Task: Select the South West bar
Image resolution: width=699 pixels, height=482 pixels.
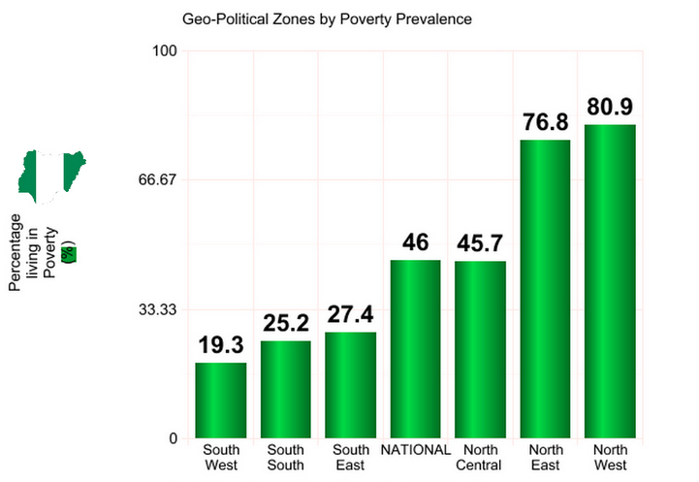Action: [221, 400]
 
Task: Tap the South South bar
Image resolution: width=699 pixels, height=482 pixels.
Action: [285, 389]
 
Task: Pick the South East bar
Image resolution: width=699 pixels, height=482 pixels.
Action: [350, 385]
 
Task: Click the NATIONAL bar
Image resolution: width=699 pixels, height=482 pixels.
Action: [415, 349]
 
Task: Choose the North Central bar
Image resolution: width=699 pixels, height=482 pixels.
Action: [480, 349]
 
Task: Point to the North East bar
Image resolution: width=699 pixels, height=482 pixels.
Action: [545, 289]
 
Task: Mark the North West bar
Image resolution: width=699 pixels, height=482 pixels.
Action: [610, 281]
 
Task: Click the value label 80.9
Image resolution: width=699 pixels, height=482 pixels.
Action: [610, 107]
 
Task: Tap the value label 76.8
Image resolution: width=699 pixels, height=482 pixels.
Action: [545, 122]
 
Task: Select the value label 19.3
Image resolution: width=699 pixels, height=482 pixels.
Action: [221, 345]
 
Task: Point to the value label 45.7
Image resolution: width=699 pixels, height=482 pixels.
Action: [480, 243]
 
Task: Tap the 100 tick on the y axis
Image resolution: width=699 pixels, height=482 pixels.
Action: [163, 50]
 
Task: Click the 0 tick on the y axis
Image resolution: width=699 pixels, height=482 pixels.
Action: [173, 438]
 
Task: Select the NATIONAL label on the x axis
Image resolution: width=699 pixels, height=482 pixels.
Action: [415, 450]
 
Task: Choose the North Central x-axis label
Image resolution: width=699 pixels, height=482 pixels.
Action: [480, 458]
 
